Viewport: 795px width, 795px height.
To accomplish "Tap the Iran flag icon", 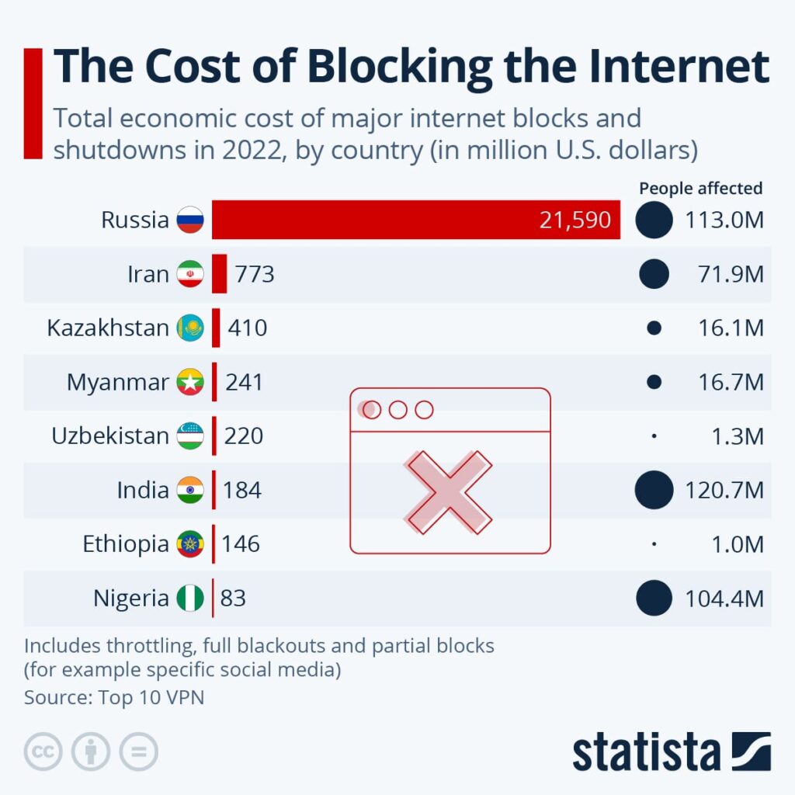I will (x=190, y=274).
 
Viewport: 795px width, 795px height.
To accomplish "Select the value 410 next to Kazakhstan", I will (x=247, y=328).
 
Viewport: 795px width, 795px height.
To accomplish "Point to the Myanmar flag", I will (x=190, y=382).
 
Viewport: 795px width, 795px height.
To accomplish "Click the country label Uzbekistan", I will (x=109, y=436).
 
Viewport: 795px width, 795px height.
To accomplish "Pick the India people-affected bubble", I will (x=654, y=490).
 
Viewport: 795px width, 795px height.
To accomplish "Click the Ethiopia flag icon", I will (x=190, y=543).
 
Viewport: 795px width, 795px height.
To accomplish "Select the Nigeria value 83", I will (x=233, y=598).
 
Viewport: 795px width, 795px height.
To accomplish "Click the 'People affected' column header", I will (x=700, y=188).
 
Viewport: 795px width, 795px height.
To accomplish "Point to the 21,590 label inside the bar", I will (x=575, y=220).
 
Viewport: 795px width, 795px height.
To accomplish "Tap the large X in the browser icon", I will (x=449, y=491).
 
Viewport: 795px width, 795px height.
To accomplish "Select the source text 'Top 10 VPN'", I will (x=151, y=696).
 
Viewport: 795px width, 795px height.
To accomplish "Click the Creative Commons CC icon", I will (x=43, y=752).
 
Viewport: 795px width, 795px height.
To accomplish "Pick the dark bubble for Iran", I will (x=654, y=274).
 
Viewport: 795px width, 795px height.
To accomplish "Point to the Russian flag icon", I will (x=190, y=220).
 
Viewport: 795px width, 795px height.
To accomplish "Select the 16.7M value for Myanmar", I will (x=731, y=382).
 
